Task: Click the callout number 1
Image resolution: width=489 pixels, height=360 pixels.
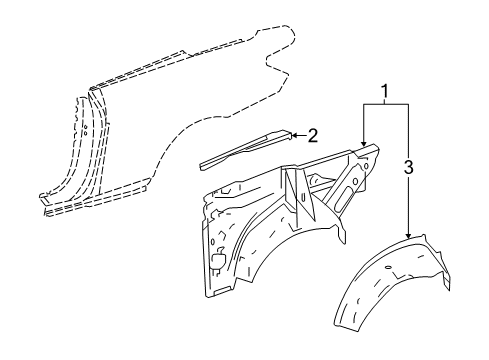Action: click(x=385, y=92)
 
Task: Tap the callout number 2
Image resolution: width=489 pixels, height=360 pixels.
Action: click(x=312, y=135)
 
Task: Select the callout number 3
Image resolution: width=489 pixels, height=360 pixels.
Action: click(x=409, y=167)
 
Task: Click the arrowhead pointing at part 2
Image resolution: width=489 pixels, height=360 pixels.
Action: click(x=294, y=135)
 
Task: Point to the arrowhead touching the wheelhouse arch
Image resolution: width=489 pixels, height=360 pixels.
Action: click(x=408, y=236)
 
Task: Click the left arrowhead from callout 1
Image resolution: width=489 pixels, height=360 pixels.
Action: click(x=364, y=143)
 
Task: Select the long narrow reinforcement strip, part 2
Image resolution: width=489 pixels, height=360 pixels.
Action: click(x=245, y=149)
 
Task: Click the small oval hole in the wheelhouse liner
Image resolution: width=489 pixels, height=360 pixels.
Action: click(x=388, y=268)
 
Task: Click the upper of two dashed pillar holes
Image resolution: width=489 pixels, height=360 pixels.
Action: click(x=86, y=127)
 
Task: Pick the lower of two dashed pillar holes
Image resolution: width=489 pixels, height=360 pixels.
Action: click(x=85, y=133)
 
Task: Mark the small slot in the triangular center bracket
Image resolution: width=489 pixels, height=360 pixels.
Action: click(x=303, y=198)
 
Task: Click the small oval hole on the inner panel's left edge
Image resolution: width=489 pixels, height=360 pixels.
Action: click(x=212, y=241)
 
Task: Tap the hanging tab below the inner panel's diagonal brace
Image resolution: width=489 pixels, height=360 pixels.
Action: click(x=342, y=234)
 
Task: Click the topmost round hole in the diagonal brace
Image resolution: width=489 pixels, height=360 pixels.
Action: click(x=366, y=165)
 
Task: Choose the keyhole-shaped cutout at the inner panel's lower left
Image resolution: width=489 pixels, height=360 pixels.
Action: click(x=219, y=257)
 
